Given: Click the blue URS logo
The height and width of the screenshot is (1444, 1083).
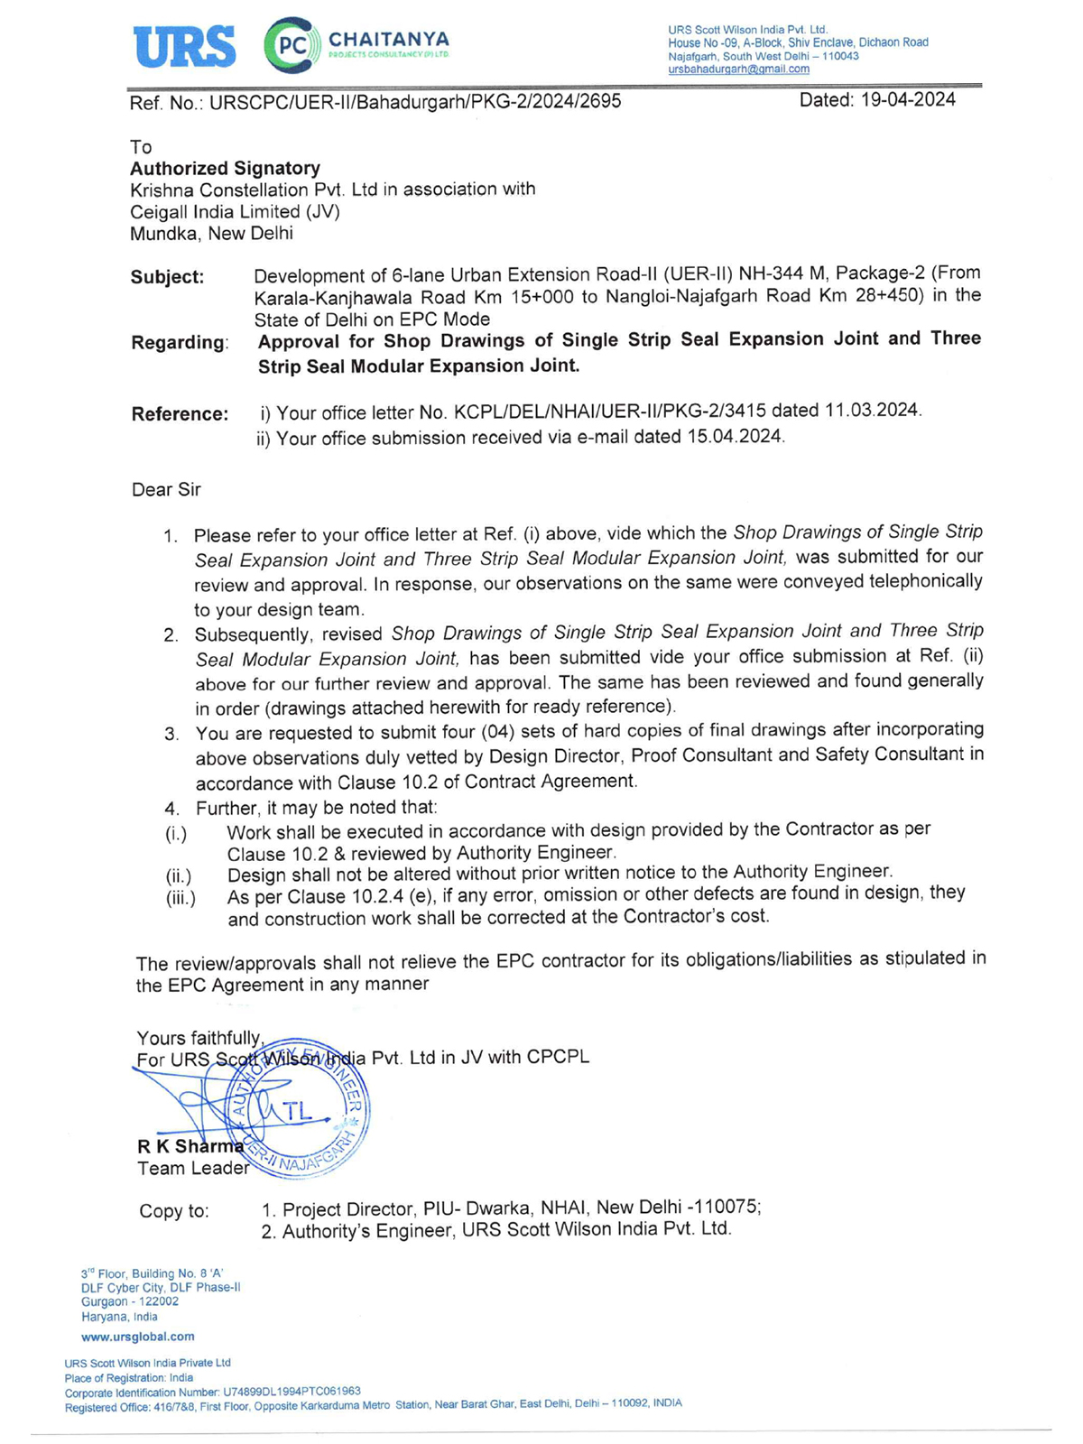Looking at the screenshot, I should [x=184, y=46].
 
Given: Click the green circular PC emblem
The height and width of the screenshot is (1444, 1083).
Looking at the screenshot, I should [x=292, y=45].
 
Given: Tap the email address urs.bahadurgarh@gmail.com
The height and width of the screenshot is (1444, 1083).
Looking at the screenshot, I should [x=738, y=69].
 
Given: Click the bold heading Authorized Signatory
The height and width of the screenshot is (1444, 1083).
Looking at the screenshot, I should [x=225, y=169].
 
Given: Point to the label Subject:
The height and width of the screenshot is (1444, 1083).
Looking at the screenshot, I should [x=167, y=277].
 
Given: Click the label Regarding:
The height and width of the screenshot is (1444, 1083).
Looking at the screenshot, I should [x=180, y=343].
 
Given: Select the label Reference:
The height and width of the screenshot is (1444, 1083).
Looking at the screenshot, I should [x=180, y=414].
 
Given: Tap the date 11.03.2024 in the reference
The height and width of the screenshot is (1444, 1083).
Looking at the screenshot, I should [x=872, y=411].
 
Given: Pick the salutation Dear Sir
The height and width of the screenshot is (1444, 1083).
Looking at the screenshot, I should [x=166, y=490].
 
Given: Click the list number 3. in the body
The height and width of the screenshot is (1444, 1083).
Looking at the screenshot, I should [x=171, y=734].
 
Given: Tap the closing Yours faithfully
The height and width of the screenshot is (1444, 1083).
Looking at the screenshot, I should [x=199, y=1039].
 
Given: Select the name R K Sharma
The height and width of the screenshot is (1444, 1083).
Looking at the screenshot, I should [x=190, y=1146].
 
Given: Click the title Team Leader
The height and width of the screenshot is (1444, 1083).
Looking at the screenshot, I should [x=192, y=1169].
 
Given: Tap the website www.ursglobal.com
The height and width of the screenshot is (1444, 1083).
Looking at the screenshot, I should [x=137, y=1337].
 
